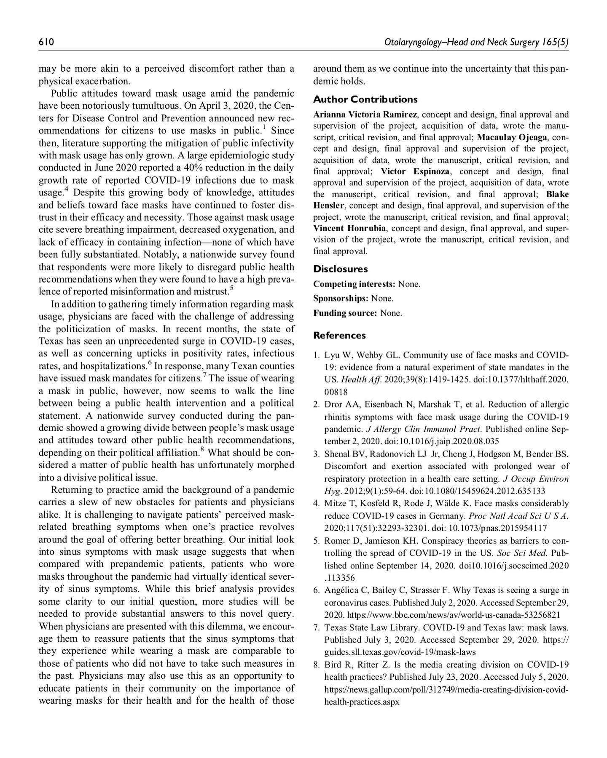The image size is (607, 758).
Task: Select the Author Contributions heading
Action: click(x=365, y=99)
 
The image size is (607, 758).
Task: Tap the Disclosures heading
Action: click(x=340, y=269)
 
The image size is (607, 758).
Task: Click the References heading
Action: click(x=339, y=336)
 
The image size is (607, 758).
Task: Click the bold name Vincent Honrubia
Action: click(x=349, y=228)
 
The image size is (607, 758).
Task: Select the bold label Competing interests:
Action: click(x=354, y=284)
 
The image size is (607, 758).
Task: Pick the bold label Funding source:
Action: click(x=345, y=313)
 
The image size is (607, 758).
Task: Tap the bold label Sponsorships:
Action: click(x=340, y=299)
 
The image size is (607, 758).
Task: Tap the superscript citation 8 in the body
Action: click(x=202, y=450)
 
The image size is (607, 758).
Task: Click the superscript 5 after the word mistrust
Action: click(x=231, y=288)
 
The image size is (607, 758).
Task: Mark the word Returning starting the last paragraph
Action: click(x=72, y=490)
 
